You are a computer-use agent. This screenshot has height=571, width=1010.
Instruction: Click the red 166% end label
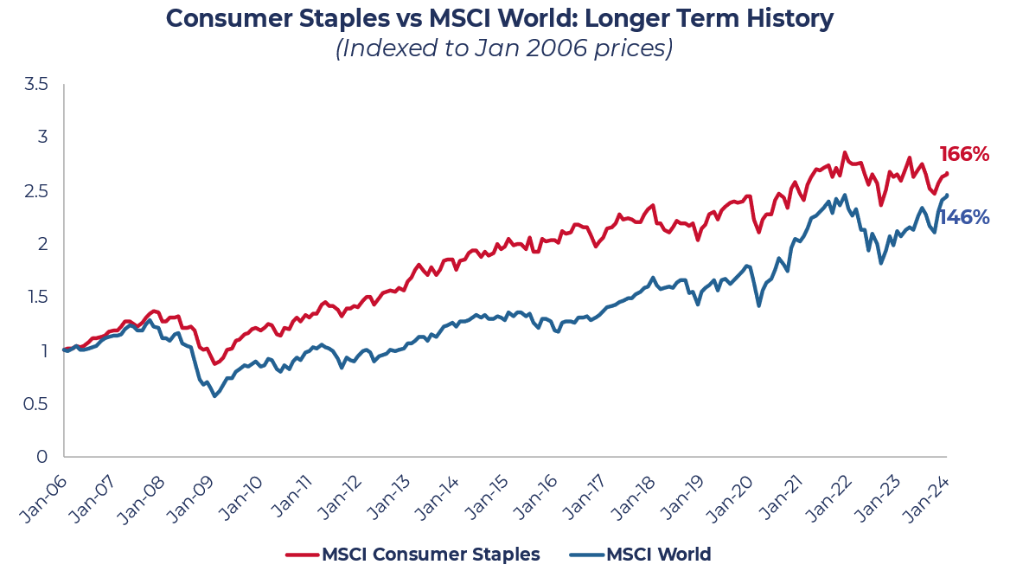point(964,155)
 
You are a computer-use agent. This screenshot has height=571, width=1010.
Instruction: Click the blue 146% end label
point(964,217)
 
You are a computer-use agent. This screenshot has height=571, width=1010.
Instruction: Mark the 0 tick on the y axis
point(42,457)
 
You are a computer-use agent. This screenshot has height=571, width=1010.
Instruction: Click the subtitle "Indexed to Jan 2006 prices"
point(504,48)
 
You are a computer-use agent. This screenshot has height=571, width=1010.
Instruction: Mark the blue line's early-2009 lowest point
point(214,395)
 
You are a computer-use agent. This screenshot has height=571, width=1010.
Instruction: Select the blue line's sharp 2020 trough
point(759,305)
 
